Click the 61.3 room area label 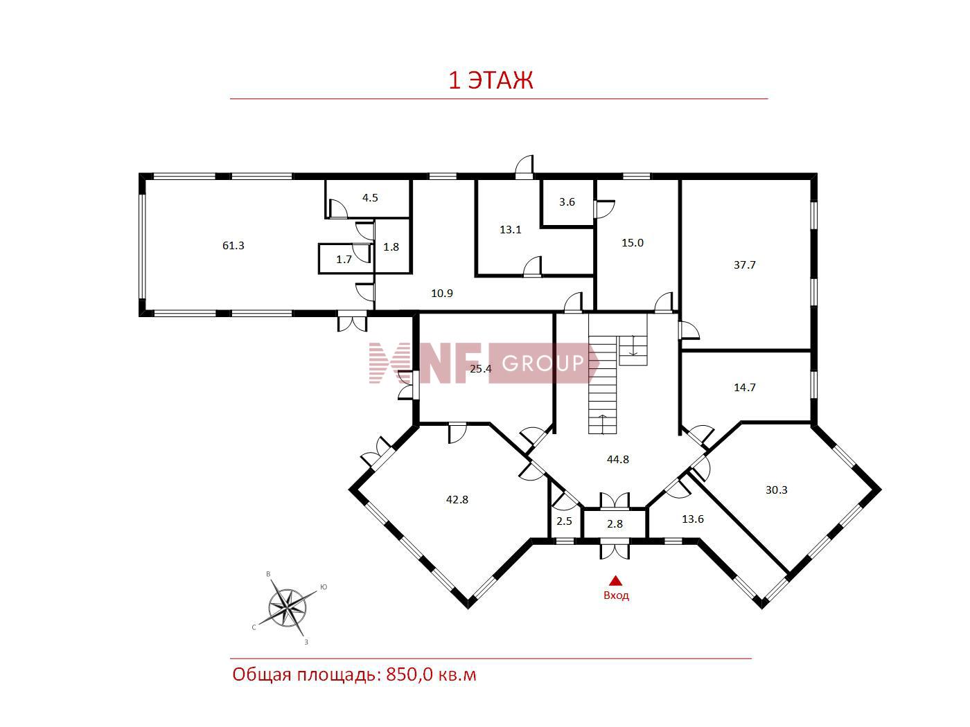[x=233, y=245]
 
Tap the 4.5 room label [x=370, y=198]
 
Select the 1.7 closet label [x=344, y=259]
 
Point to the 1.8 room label [x=391, y=246]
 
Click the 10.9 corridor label [x=442, y=293]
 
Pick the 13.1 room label [x=511, y=230]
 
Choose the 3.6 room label [x=567, y=201]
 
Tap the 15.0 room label [x=633, y=243]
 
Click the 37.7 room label [x=745, y=265]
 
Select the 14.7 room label [x=745, y=387]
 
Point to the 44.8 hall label [x=618, y=459]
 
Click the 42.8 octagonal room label [x=457, y=499]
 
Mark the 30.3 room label [x=777, y=490]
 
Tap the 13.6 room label [x=692, y=519]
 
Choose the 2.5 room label [x=564, y=521]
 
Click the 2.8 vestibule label [x=615, y=523]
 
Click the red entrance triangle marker [x=615, y=581]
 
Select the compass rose [x=288, y=609]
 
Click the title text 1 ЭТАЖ [x=491, y=80]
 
